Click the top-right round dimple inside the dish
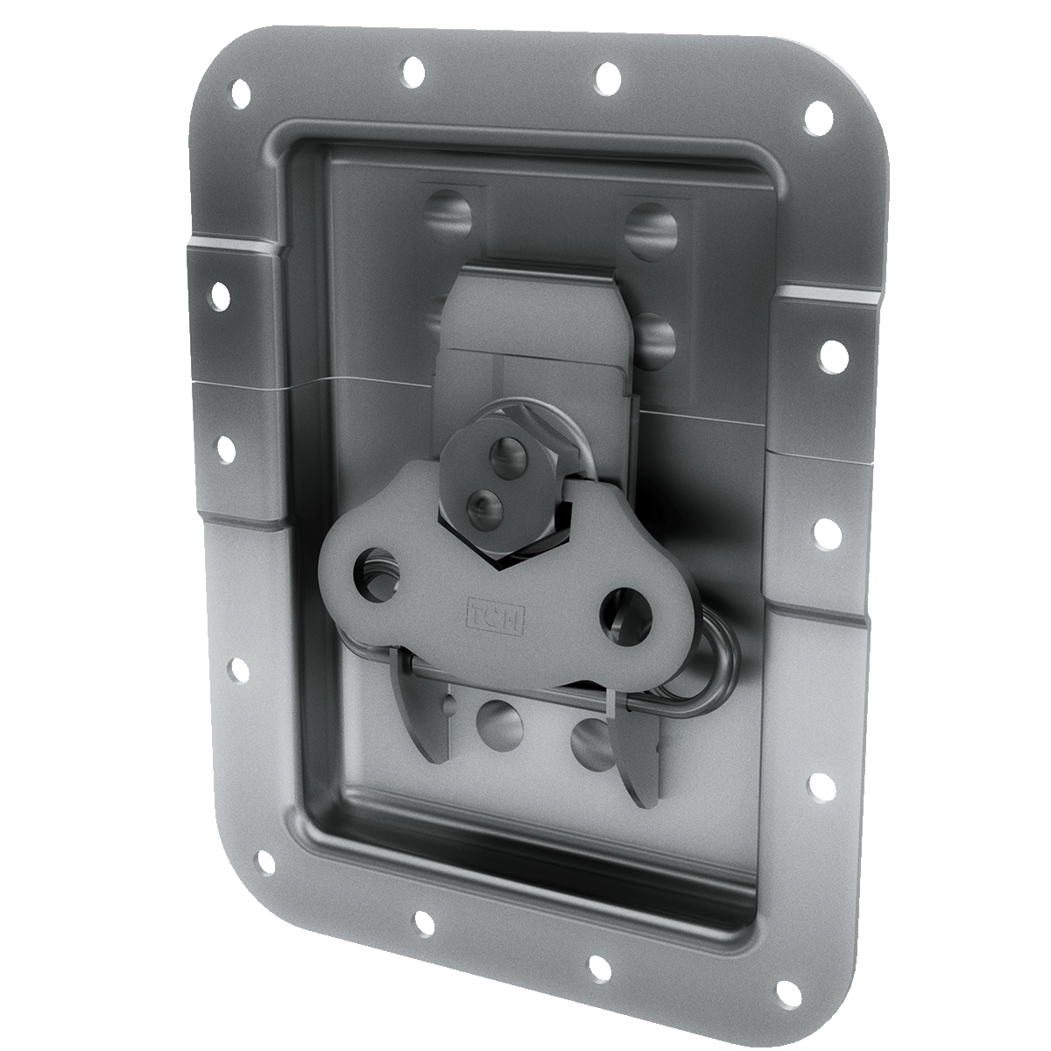point(652,229)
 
